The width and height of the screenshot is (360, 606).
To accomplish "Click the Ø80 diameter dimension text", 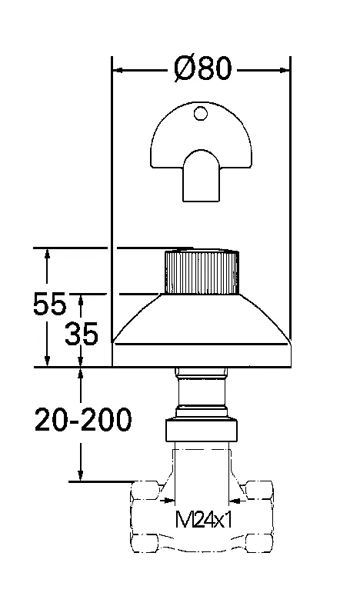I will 202,68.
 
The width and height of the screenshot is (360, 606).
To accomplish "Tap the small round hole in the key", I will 201,115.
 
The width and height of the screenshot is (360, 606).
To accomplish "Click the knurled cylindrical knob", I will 202,272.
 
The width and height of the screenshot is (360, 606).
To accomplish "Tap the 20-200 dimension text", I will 82,419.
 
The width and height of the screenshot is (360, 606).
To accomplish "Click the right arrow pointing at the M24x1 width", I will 236,501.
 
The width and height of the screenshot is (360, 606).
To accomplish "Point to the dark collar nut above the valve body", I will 202,430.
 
